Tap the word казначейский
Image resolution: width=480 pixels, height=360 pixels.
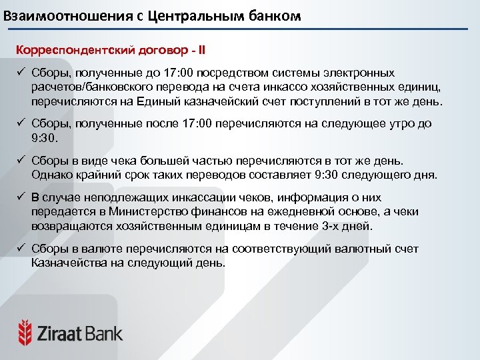(x=217, y=102)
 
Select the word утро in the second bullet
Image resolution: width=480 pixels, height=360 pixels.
(x=399, y=124)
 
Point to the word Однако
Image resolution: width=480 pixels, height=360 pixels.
(x=53, y=175)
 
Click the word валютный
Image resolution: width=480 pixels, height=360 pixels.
(x=346, y=249)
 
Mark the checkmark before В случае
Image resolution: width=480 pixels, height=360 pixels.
(x=21, y=197)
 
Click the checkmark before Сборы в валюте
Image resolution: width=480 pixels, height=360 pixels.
(x=21, y=249)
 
